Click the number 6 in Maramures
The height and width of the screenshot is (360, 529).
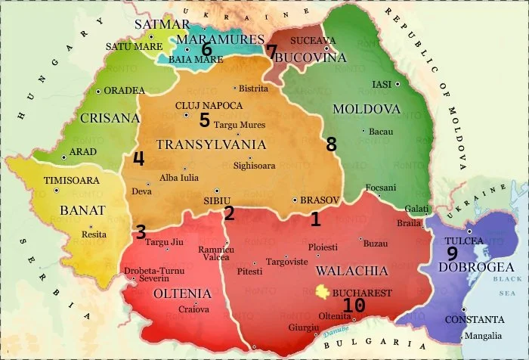point(206,49)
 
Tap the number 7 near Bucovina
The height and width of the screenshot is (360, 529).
point(272,51)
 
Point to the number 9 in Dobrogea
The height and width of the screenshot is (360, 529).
point(452,254)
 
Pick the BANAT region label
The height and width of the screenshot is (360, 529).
point(82,210)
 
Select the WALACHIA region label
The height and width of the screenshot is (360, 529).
point(351,271)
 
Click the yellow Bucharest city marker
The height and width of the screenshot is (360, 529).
point(323,292)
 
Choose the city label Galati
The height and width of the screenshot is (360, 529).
point(416,208)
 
